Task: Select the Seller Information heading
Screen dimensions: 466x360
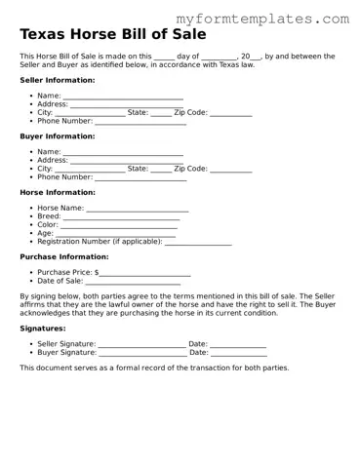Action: pyautogui.click(x=58, y=80)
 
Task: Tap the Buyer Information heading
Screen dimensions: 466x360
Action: pyautogui.click(x=58, y=136)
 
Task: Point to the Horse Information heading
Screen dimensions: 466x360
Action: pyautogui.click(x=58, y=192)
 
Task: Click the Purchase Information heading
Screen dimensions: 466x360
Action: pyautogui.click(x=64, y=256)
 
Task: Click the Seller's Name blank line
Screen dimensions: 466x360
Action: pyautogui.click(x=123, y=97)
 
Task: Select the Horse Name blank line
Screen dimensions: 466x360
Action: pyautogui.click(x=138, y=209)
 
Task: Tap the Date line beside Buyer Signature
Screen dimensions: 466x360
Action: pyautogui.click(x=238, y=353)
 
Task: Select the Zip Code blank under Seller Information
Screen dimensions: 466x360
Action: pyautogui.click(x=230, y=113)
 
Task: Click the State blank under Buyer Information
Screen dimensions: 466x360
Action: pyautogui.click(x=161, y=170)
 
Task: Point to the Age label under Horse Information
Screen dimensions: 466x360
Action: pyautogui.click(x=45, y=234)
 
